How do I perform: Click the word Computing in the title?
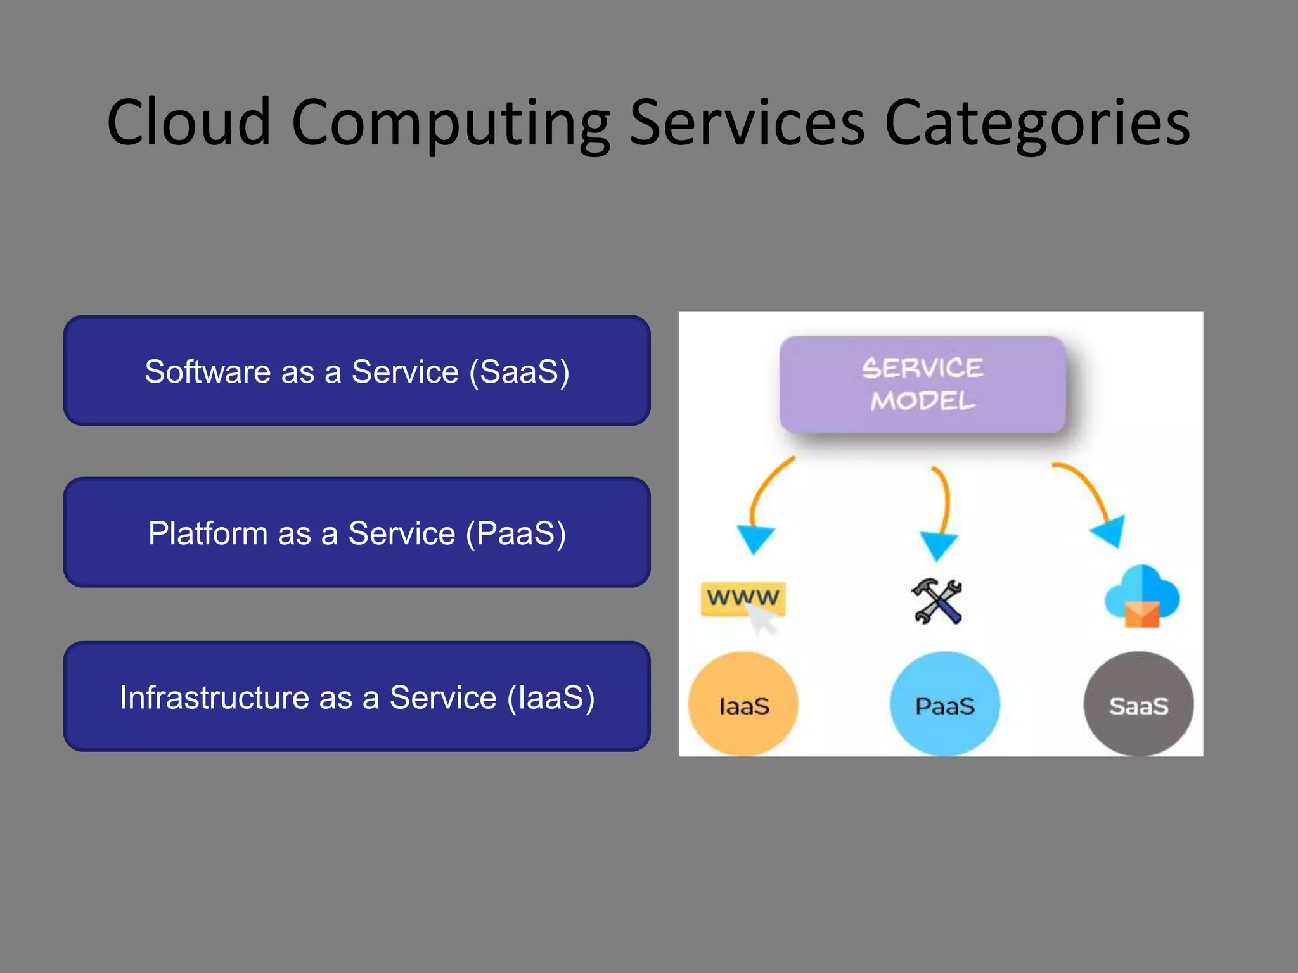[x=451, y=124]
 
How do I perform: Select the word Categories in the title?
[x=1037, y=124]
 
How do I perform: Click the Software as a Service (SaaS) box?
[x=357, y=371]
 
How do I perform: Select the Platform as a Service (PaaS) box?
[x=357, y=532]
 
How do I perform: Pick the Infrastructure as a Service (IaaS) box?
[x=357, y=696]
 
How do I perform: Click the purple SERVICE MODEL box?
[x=922, y=385]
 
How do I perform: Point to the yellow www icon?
[x=743, y=599]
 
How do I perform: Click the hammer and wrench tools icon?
[x=937, y=601]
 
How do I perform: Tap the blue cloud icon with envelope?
[x=1141, y=592]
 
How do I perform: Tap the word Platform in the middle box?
[x=208, y=533]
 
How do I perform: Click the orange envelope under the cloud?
[x=1141, y=614]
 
